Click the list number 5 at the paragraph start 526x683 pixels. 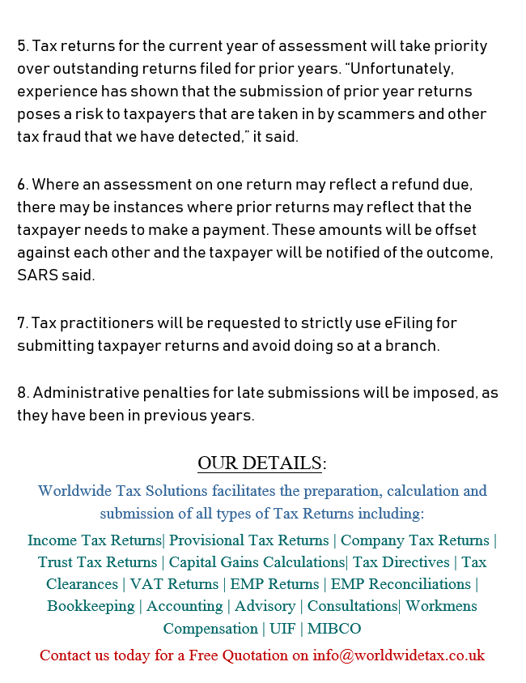point(22,46)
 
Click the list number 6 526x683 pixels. point(22,185)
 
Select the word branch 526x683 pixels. point(413,346)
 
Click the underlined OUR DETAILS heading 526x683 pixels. point(260,463)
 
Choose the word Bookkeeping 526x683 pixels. point(91,606)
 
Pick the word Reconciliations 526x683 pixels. point(422,584)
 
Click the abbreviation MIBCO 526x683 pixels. point(333,629)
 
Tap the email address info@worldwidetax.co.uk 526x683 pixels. point(399,655)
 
